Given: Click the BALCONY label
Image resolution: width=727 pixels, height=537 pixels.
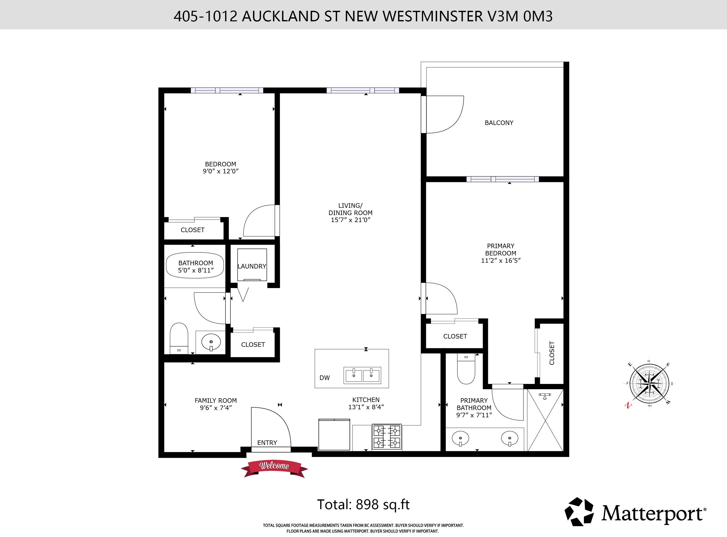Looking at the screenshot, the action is (x=499, y=123).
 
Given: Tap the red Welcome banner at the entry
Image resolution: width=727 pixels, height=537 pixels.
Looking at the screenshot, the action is (x=274, y=468).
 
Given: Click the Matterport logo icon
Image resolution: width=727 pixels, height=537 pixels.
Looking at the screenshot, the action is (x=579, y=512).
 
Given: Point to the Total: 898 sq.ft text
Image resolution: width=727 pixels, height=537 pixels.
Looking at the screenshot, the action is (x=363, y=504).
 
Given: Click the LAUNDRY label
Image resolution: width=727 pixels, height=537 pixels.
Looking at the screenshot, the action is (x=252, y=266).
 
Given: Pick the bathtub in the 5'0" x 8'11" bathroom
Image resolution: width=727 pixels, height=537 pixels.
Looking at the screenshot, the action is (x=195, y=265).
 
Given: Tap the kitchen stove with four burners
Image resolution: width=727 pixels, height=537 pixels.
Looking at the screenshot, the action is (x=387, y=437).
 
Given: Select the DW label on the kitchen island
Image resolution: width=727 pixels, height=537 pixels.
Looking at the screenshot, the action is (x=325, y=378).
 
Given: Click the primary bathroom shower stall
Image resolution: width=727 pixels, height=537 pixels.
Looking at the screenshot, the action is (x=545, y=420).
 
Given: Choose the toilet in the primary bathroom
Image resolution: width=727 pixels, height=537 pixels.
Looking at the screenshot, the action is (x=466, y=369).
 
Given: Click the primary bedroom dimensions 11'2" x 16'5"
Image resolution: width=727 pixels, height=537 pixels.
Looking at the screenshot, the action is (x=501, y=260).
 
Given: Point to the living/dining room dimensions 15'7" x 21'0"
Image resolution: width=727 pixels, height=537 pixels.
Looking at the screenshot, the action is (x=350, y=220).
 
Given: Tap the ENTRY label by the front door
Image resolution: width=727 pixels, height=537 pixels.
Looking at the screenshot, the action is (x=267, y=443).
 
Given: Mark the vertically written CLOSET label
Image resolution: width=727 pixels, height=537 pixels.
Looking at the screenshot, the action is (x=552, y=353).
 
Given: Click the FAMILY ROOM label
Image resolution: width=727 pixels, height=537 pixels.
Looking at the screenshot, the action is (x=216, y=400).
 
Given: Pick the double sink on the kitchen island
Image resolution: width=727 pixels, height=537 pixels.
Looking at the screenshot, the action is (x=362, y=375).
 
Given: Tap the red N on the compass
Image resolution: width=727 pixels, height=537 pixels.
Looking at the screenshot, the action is (x=628, y=405).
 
